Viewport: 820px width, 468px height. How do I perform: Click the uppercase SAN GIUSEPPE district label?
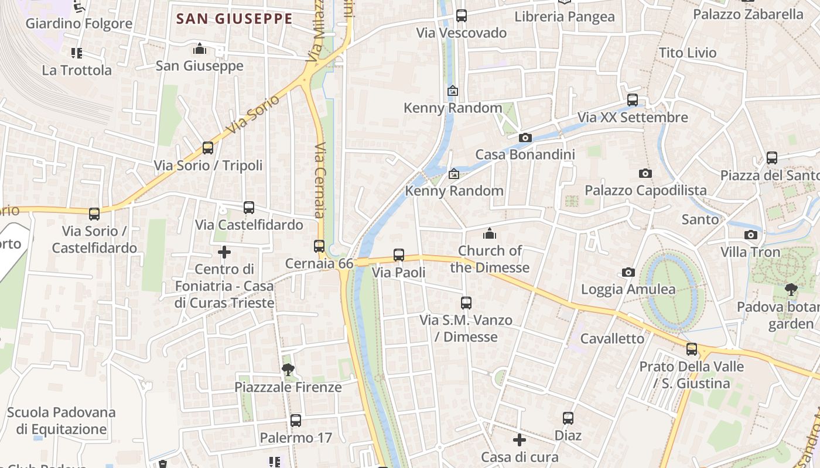(234, 19)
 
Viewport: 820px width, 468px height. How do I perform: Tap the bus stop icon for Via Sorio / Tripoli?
(208, 148)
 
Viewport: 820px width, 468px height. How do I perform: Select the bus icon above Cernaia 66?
(319, 246)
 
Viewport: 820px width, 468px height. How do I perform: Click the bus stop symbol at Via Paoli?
(399, 255)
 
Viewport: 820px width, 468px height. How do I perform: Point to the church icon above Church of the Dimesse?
(490, 234)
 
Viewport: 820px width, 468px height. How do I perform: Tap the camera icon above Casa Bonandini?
(525, 137)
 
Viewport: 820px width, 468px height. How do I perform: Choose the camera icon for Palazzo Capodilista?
(645, 173)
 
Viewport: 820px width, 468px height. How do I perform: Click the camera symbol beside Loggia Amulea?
(628, 272)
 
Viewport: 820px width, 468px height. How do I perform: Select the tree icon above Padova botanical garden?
(791, 289)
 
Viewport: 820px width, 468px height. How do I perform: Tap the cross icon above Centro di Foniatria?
(224, 252)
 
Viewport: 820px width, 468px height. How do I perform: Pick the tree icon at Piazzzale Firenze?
(288, 369)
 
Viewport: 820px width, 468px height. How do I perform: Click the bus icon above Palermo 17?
(296, 420)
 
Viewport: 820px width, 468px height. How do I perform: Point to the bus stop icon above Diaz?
(568, 418)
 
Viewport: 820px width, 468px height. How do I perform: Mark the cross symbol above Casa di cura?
(520, 439)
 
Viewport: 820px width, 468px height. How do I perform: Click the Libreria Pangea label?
(565, 17)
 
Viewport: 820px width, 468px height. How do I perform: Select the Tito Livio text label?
(688, 53)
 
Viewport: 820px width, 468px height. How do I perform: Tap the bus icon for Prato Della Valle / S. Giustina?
(692, 349)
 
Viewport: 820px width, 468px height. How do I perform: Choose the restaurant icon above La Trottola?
(77, 53)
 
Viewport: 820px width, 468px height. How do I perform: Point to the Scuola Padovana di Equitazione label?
(61, 421)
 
